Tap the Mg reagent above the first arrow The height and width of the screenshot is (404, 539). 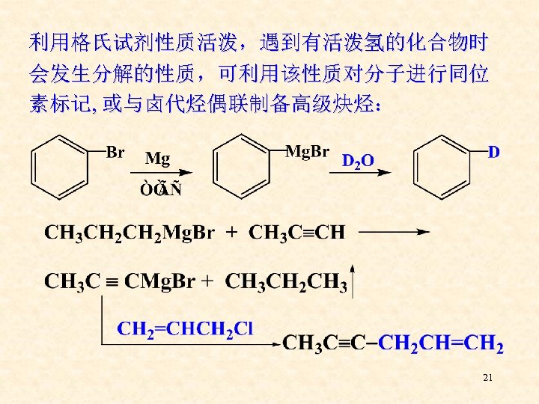[x=157, y=159]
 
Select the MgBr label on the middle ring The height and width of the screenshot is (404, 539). [x=308, y=152]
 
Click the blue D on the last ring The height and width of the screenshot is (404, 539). [x=494, y=153]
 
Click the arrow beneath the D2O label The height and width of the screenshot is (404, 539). [x=367, y=173]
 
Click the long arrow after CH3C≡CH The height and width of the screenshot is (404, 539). [x=394, y=233]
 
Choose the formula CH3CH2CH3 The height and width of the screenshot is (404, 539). [x=286, y=282]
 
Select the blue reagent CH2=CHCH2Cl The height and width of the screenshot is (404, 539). [x=186, y=328]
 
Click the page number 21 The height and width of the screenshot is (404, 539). [x=488, y=379]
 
